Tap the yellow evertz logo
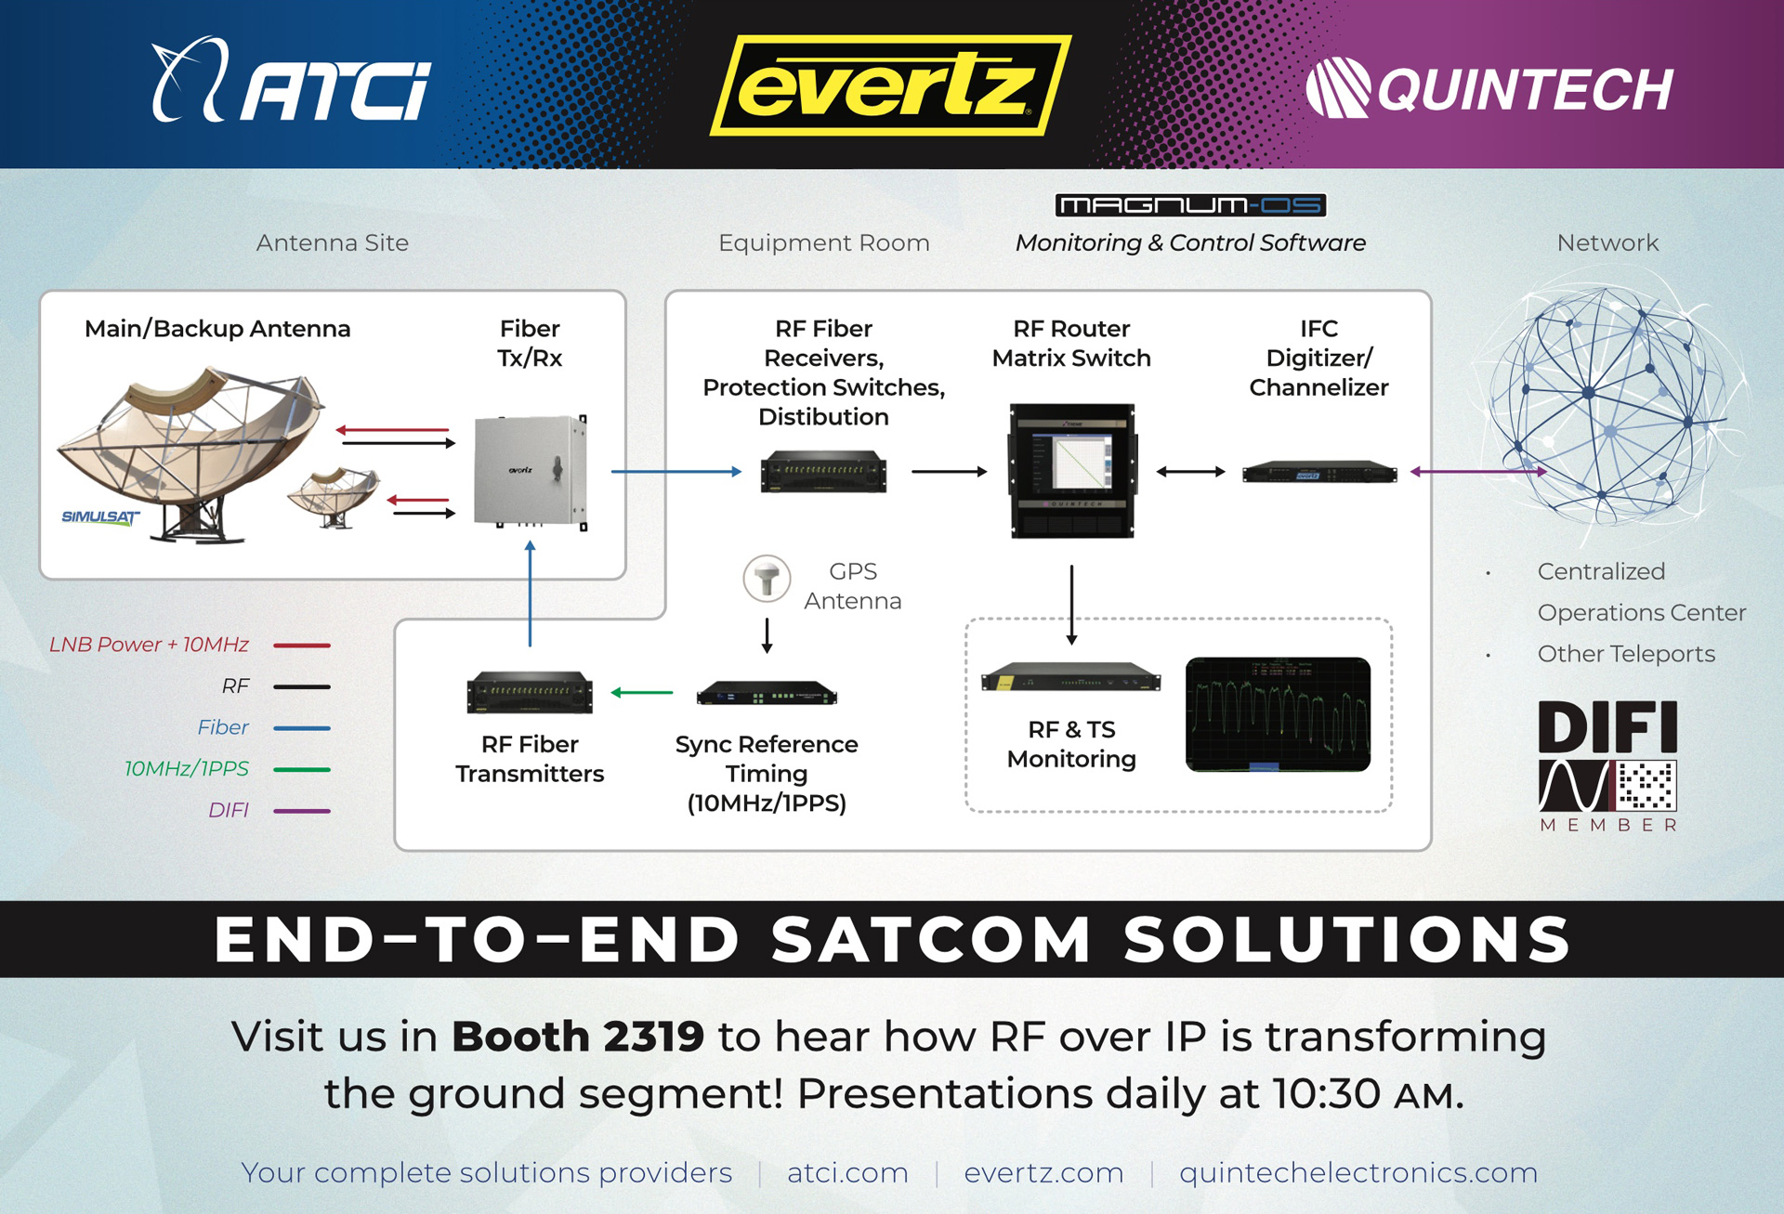pos(889,85)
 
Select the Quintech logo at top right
pos(1489,88)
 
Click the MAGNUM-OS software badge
pos(1190,204)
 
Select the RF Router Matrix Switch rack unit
pos(1072,470)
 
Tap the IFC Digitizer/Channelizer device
pos(1319,472)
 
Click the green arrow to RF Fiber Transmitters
pos(642,692)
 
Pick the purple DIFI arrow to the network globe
pos(1477,472)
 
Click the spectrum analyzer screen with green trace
pos(1278,714)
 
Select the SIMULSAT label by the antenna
pos(100,516)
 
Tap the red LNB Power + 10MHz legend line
pos(302,645)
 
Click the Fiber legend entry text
pos(223,727)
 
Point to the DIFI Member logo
pos(1607,764)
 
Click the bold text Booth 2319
pos(578,1036)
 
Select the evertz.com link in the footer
pos(1043,1172)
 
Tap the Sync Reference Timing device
pos(767,694)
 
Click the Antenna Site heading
pos(332,242)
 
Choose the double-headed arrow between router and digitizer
pos(1190,472)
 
